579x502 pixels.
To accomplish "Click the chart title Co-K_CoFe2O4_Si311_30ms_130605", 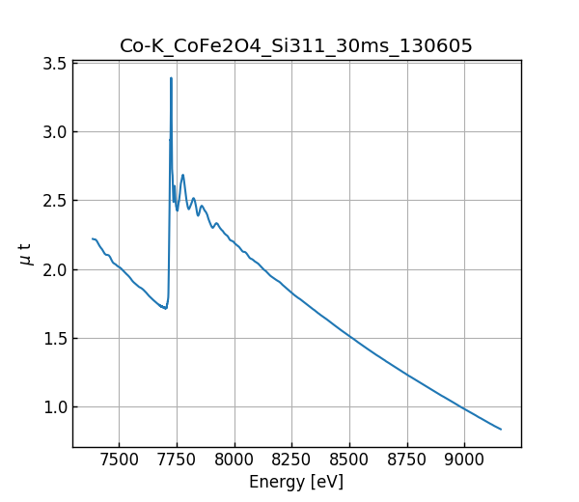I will click(296, 46).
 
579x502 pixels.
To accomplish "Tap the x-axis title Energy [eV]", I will click(296, 482).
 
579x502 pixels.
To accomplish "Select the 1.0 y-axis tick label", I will click(54, 407).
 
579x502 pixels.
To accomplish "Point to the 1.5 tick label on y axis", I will click(54, 339).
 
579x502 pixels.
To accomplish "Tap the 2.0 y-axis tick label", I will click(54, 269).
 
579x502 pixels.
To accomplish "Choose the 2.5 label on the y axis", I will click(54, 201).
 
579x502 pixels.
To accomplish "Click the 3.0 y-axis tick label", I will click(54, 132).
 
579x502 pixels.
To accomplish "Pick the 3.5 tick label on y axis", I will click(54, 64).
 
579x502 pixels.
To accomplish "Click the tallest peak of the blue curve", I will click(171, 78).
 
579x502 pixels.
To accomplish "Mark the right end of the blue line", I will click(501, 429).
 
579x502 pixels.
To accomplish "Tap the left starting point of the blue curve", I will click(93, 238).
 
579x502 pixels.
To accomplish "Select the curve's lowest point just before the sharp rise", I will click(166, 308).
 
